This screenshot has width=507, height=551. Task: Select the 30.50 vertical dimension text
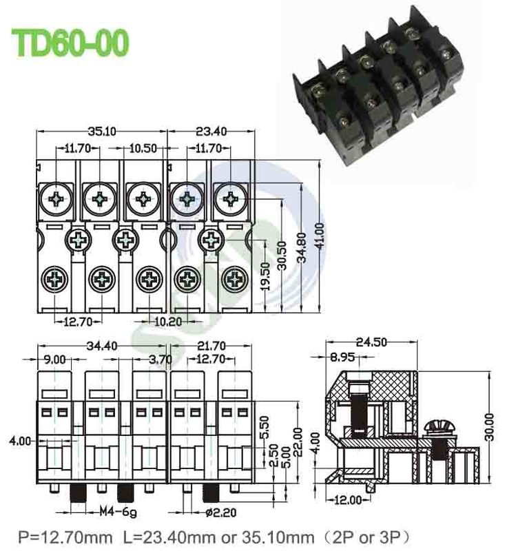click(282, 257)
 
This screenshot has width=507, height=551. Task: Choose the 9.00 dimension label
click(54, 359)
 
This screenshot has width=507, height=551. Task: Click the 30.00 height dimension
click(490, 427)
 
